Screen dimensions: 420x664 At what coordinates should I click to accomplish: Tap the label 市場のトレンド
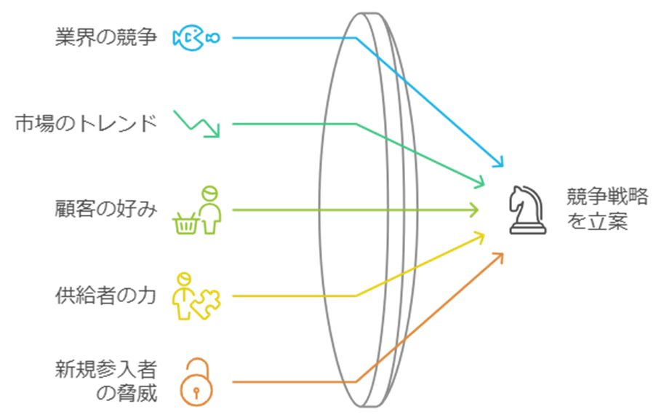pyautogui.click(x=86, y=124)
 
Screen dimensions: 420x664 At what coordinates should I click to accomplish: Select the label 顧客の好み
pyautogui.click(x=105, y=210)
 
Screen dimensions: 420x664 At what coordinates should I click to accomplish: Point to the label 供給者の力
pyautogui.click(x=105, y=296)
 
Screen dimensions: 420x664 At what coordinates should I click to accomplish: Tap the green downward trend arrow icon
pyautogui.click(x=197, y=123)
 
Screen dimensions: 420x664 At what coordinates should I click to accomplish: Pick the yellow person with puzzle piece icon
pyautogui.click(x=195, y=296)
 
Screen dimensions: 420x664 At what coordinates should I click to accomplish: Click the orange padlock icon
pyautogui.click(x=196, y=381)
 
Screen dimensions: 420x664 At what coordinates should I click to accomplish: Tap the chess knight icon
pyautogui.click(x=527, y=209)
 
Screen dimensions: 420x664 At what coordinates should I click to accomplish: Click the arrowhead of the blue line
pyautogui.click(x=500, y=163)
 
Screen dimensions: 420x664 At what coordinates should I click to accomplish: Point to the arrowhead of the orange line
pyautogui.click(x=500, y=255)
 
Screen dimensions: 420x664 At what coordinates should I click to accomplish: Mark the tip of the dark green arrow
pyautogui.click(x=481, y=183)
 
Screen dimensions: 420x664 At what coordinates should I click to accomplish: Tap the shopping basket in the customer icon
pyautogui.click(x=184, y=223)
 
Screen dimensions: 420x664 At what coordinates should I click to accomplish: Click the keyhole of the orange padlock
pyautogui.click(x=196, y=392)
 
